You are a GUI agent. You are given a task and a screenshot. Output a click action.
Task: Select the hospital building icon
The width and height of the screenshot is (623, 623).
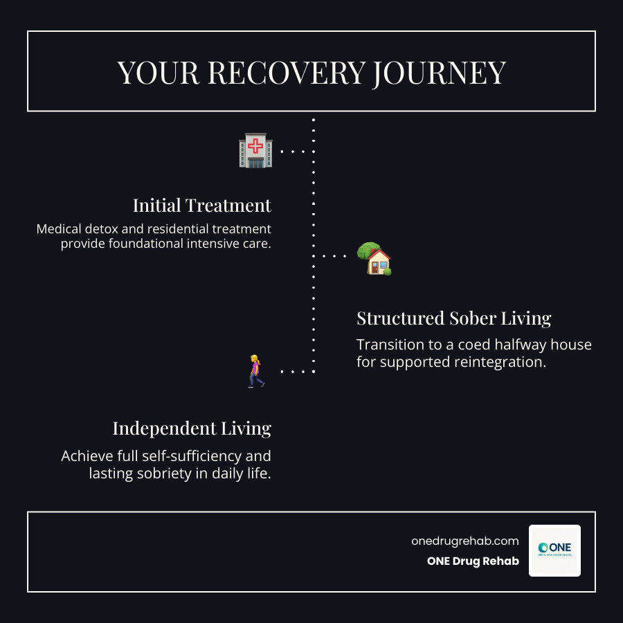coord(255,151)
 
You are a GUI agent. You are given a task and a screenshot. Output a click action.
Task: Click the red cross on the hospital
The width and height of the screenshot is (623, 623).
coord(255,145)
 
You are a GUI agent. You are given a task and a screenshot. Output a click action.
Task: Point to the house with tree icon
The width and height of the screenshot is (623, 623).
coord(374,259)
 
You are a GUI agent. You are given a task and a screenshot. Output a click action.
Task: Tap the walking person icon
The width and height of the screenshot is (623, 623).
coord(256,371)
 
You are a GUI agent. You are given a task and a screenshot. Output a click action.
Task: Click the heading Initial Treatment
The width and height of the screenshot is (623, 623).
coord(202,206)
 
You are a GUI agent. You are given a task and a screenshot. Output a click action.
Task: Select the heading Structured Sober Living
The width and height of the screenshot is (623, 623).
coord(453,318)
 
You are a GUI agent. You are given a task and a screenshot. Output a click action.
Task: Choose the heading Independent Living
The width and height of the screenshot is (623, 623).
coord(192,428)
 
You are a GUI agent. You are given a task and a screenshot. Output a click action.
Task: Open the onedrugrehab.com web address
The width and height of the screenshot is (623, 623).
coord(464,541)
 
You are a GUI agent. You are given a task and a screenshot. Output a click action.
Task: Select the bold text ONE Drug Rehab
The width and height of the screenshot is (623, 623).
coord(473,561)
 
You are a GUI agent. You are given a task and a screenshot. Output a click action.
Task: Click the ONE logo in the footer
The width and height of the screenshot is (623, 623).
coord(554,550)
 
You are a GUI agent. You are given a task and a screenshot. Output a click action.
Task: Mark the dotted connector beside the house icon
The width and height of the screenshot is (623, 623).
coord(334,256)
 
